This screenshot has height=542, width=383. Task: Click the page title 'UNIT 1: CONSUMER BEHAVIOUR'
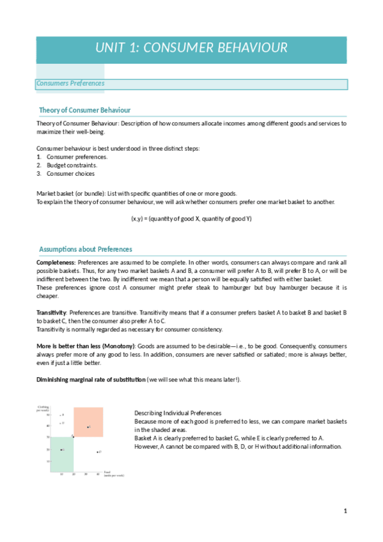click(x=191, y=48)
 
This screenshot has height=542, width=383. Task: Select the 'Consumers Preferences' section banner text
click(x=70, y=84)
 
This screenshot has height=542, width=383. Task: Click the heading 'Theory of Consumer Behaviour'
click(x=84, y=110)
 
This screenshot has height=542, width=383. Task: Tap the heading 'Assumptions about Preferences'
click(x=86, y=249)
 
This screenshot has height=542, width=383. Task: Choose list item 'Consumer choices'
click(x=70, y=173)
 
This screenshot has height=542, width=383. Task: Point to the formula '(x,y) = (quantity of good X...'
click(x=191, y=219)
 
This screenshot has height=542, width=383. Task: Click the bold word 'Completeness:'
click(x=56, y=262)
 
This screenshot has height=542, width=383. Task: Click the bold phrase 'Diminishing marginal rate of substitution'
click(x=90, y=380)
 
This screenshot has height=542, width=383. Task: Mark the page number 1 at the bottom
click(x=345, y=511)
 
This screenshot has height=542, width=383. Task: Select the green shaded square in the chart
click(x=63, y=454)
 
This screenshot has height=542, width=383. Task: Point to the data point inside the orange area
click(x=88, y=426)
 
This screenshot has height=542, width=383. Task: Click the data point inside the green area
click(x=61, y=450)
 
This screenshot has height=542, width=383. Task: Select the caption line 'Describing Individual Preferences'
click(x=178, y=413)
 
